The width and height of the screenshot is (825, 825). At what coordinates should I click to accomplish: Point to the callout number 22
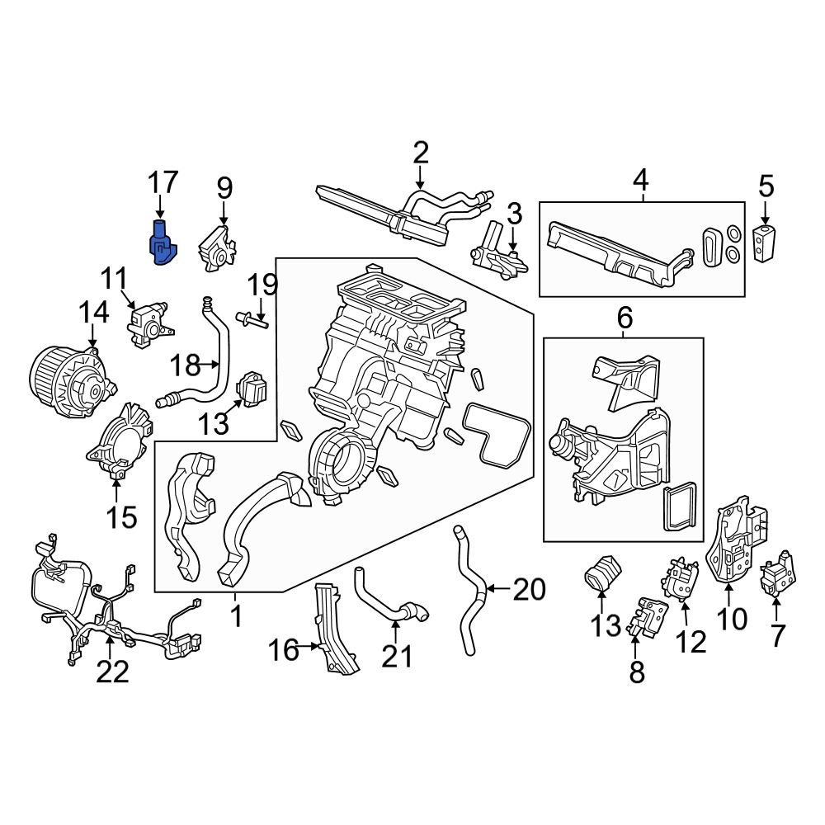click(x=112, y=672)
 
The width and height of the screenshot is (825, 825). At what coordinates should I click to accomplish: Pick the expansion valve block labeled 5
click(x=765, y=241)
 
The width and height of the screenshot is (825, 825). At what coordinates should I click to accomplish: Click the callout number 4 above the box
click(x=641, y=179)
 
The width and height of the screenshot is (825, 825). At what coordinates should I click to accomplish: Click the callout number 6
click(x=624, y=316)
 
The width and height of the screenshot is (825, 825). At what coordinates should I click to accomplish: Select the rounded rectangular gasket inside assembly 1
click(x=497, y=434)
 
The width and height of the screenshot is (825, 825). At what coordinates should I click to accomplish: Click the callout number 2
click(x=421, y=153)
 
